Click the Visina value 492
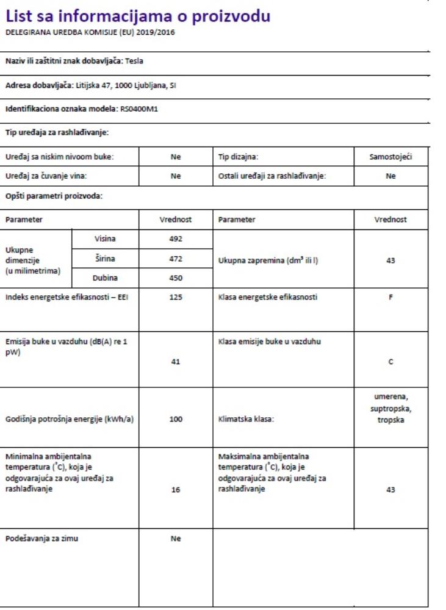point(176,239)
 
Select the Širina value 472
point(176,259)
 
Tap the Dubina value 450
point(176,278)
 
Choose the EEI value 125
point(176,298)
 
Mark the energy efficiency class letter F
point(391,298)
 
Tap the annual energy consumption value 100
point(176,421)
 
